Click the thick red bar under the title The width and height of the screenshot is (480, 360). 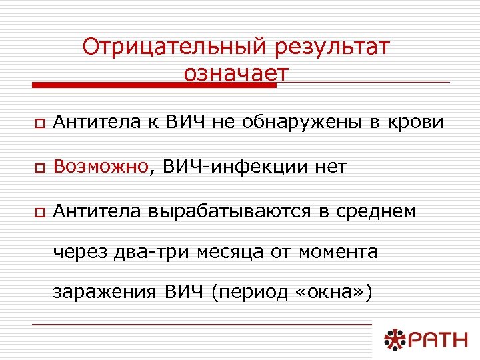click(x=154, y=85)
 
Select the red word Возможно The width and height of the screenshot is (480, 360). click(x=100, y=167)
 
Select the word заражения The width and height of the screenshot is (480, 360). click(x=105, y=293)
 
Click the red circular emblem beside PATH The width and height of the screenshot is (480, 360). click(x=392, y=340)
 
